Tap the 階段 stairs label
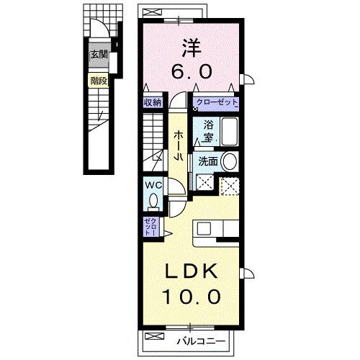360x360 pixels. tap(97, 81)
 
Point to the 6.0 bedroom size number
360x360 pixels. tap(190, 72)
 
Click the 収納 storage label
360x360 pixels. tap(151, 102)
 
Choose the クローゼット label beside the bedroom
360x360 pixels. tap(215, 103)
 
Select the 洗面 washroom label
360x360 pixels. tap(207, 162)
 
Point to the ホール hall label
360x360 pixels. tap(178, 147)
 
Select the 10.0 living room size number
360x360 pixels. tap(190, 296)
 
